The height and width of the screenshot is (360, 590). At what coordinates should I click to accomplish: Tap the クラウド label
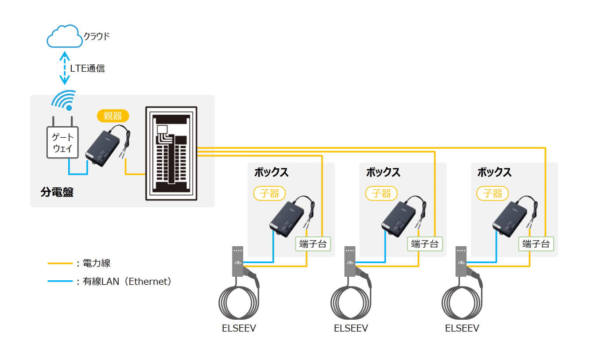tap(97, 36)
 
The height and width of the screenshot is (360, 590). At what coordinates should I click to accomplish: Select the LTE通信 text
tap(87, 68)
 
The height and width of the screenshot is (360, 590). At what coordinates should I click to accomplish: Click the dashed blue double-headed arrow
tap(65, 68)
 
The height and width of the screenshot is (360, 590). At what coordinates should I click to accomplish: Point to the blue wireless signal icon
tap(63, 101)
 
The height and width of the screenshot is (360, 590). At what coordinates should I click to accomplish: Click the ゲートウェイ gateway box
tap(63, 143)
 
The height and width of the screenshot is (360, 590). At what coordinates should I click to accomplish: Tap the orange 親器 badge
tap(113, 116)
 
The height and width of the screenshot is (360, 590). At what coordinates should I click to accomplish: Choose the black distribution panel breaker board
tap(171, 154)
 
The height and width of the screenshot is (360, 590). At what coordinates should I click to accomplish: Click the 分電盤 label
tap(57, 192)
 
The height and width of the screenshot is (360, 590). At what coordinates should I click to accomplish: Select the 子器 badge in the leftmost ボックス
tap(269, 194)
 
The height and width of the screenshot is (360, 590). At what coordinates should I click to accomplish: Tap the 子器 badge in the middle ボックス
tap(381, 194)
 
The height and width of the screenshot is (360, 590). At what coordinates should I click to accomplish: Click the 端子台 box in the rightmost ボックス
tap(536, 244)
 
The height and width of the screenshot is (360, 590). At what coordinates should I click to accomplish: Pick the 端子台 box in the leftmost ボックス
tap(313, 244)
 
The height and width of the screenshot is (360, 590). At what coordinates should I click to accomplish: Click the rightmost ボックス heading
tap(494, 172)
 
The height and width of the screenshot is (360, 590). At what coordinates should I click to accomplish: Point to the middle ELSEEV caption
tap(351, 329)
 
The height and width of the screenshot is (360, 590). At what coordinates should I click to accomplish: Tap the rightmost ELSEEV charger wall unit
tap(461, 261)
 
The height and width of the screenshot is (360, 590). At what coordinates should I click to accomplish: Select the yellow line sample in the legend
tap(60, 263)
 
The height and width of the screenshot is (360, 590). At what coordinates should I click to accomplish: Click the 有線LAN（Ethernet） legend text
tap(127, 281)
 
